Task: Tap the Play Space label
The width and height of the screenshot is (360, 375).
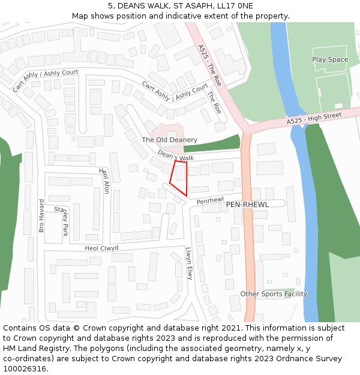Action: click(330, 59)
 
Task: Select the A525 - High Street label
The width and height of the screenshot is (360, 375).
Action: click(314, 118)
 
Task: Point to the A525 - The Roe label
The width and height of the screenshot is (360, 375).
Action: click(209, 65)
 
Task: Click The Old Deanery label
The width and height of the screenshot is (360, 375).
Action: click(169, 140)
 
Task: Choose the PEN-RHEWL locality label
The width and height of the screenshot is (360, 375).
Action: click(247, 205)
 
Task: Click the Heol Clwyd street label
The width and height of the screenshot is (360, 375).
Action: click(101, 248)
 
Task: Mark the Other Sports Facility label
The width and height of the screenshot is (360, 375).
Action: click(274, 294)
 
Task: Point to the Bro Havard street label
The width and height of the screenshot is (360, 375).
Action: click(41, 215)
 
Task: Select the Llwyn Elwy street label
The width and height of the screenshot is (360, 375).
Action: click(188, 264)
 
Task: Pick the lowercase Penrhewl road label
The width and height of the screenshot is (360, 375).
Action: click(209, 200)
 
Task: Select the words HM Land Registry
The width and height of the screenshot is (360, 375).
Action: click(32, 349)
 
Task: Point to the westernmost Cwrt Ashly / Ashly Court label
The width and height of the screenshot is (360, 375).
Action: click(46, 81)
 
